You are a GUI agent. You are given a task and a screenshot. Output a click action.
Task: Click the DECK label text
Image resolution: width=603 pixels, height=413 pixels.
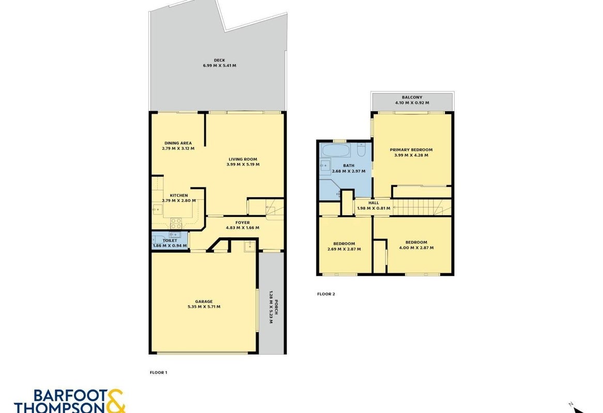click(220, 60)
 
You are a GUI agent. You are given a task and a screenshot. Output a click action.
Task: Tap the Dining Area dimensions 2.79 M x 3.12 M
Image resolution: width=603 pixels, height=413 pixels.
click(178, 148)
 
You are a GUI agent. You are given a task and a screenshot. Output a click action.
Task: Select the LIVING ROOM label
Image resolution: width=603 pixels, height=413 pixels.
click(243, 159)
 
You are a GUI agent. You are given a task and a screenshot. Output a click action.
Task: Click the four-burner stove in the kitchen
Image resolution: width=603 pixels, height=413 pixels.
click(176, 223)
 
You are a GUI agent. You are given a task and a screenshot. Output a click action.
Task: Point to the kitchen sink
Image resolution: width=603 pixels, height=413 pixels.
click(157, 210)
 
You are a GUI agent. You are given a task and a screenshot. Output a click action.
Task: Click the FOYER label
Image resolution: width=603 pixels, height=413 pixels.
click(243, 223)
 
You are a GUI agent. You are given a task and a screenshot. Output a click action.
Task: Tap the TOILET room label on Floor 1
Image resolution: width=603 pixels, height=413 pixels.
click(170, 241)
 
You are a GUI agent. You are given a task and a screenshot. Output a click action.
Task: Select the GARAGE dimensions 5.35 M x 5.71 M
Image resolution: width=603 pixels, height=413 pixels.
click(204, 307)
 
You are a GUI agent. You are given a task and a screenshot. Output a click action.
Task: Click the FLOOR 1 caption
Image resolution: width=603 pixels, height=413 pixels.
click(159, 372)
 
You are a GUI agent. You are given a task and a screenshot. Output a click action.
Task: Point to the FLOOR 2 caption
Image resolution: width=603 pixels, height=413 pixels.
click(326, 294)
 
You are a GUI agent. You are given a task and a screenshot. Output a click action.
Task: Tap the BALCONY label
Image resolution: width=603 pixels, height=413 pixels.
click(412, 98)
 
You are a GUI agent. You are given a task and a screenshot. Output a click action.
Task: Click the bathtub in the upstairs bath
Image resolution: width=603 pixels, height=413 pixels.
click(335, 150)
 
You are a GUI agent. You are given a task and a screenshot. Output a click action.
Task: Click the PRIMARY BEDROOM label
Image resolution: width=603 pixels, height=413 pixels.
click(411, 150)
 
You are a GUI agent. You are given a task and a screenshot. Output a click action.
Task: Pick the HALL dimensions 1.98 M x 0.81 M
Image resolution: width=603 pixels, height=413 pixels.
click(374, 208)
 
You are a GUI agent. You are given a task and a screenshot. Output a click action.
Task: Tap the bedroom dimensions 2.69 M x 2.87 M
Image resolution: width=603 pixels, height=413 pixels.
click(344, 249)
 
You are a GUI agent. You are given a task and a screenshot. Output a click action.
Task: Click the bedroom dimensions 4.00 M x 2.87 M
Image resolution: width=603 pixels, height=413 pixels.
click(416, 248)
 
